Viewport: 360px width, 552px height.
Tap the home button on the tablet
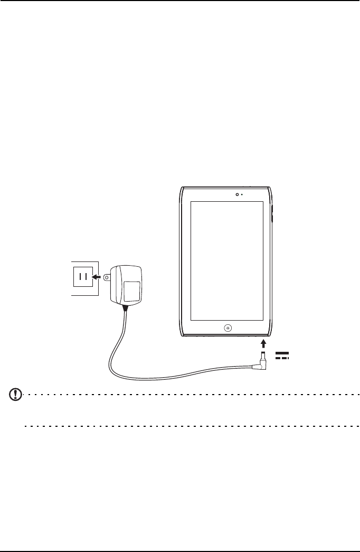(228, 328)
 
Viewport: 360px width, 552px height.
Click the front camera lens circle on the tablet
(237, 193)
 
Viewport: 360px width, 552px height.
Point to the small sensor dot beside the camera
(242, 194)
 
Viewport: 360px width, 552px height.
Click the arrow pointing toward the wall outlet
(96, 276)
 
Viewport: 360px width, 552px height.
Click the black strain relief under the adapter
(125, 308)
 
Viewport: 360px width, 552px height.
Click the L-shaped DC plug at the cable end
(262, 359)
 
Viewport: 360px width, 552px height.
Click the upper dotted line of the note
(190, 394)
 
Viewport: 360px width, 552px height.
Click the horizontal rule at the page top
(180, 1)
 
